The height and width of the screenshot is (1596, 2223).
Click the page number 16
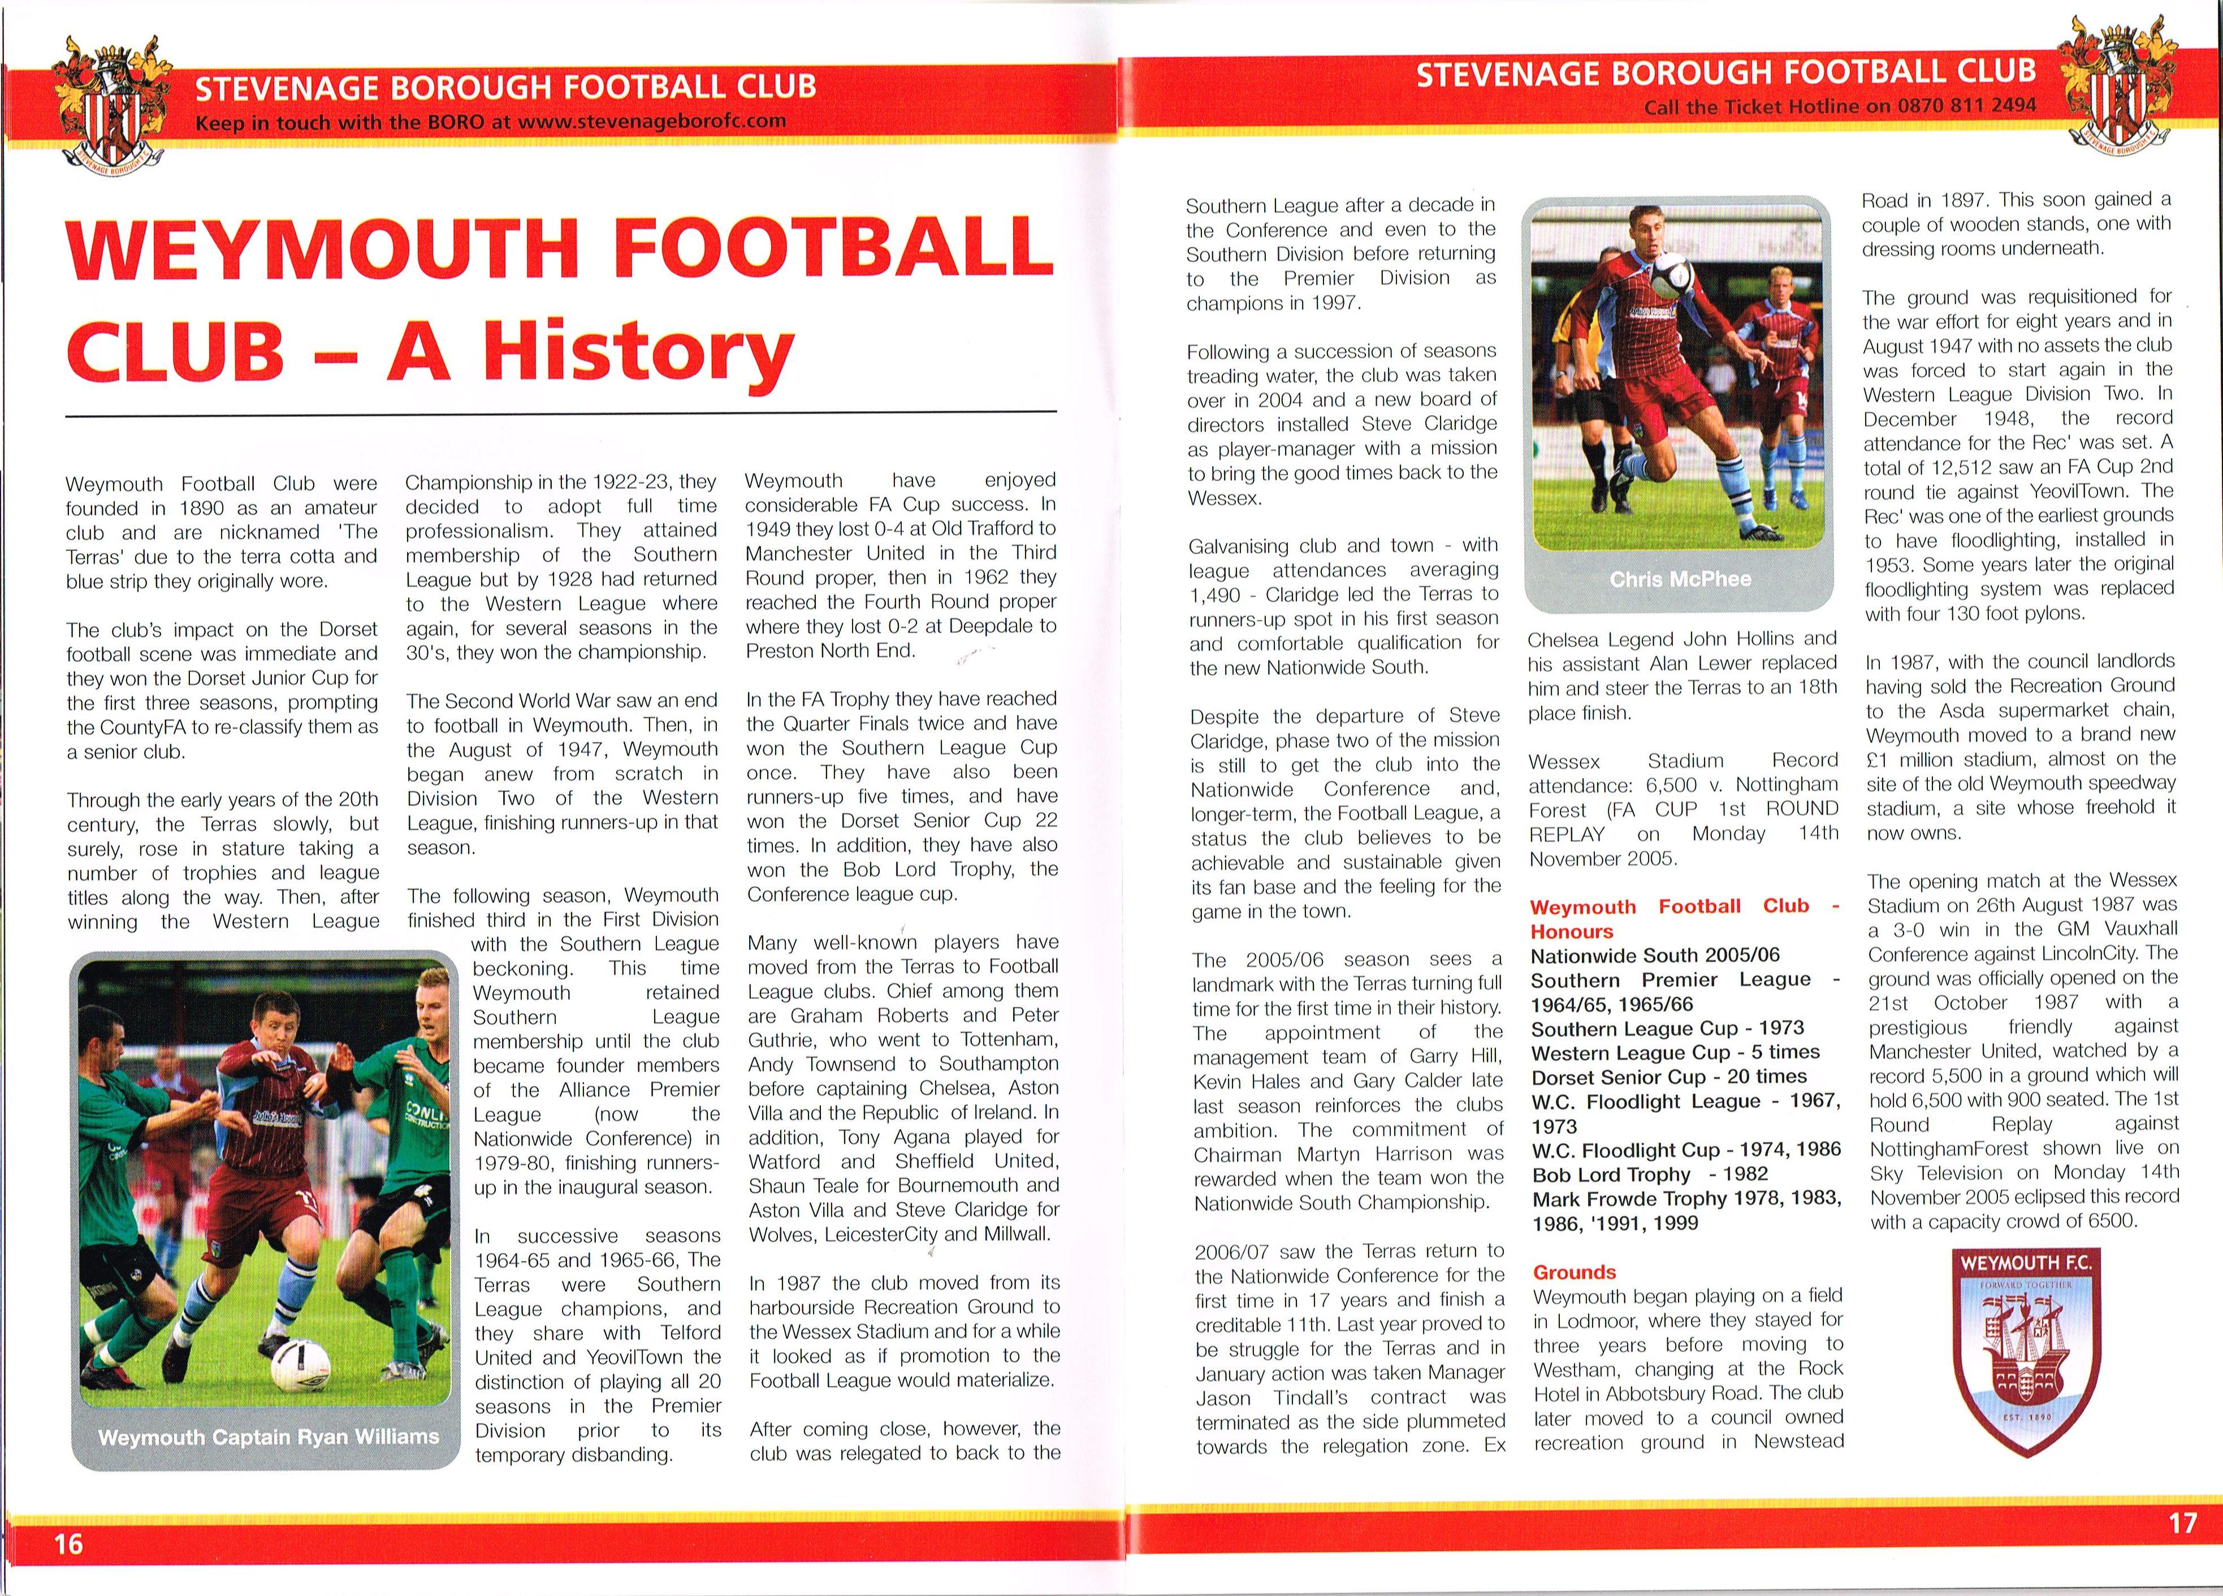[68, 1544]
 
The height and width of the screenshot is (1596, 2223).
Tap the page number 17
[2183, 1522]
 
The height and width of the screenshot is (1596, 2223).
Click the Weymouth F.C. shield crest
[2026, 1350]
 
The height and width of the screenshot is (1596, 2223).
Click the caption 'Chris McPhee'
[1680, 579]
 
